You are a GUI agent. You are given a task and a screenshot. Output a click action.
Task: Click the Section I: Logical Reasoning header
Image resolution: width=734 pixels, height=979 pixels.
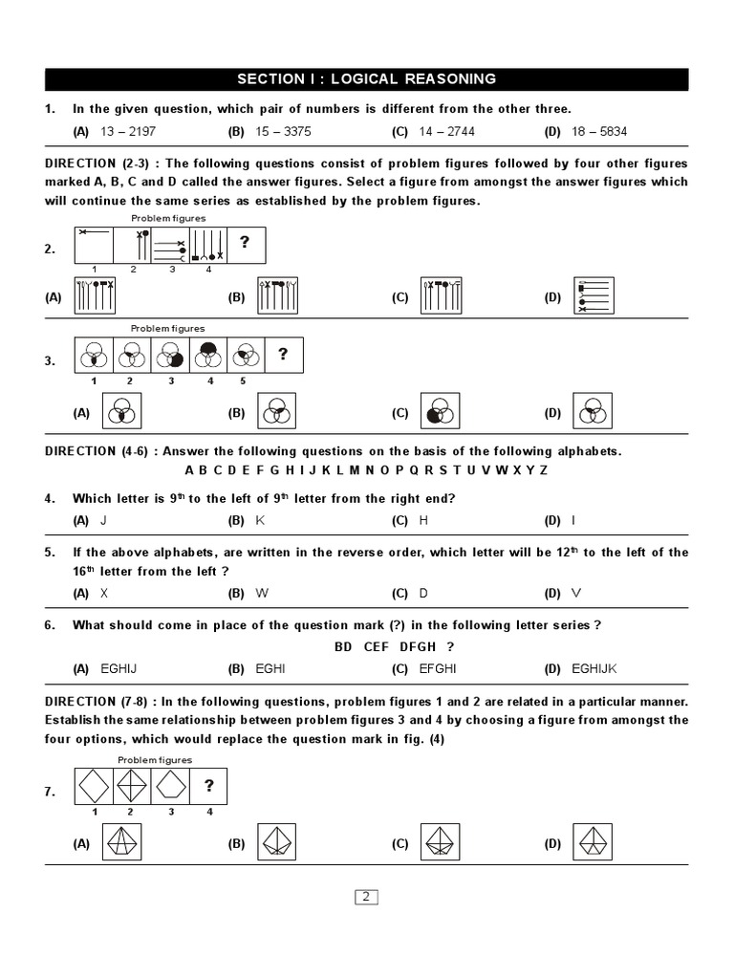[366, 79]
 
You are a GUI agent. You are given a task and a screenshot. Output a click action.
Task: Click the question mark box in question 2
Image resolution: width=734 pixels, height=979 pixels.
[246, 244]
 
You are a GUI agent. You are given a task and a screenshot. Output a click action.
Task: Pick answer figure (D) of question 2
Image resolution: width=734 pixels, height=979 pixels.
[594, 296]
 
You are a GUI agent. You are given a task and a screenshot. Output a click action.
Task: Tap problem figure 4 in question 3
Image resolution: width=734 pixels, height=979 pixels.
[207, 356]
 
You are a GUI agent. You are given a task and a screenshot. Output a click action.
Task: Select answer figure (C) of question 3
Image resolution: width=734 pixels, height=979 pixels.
[441, 412]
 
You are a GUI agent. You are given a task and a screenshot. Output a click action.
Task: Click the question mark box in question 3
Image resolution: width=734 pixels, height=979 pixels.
[283, 356]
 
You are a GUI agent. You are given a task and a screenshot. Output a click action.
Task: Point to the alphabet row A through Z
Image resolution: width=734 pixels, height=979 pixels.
[366, 470]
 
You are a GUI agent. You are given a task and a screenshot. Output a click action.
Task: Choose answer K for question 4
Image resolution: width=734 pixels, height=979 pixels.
[260, 520]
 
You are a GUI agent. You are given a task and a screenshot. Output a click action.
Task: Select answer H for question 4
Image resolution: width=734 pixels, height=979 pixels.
[423, 520]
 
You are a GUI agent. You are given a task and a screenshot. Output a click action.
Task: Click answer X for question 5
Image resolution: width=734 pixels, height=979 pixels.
[104, 593]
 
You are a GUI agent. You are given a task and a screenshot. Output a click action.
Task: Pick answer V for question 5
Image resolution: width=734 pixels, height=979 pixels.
[575, 593]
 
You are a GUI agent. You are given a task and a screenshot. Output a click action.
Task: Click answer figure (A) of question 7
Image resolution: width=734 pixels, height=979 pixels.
[121, 842]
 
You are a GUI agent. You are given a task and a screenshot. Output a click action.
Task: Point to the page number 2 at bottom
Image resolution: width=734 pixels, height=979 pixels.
[367, 897]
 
